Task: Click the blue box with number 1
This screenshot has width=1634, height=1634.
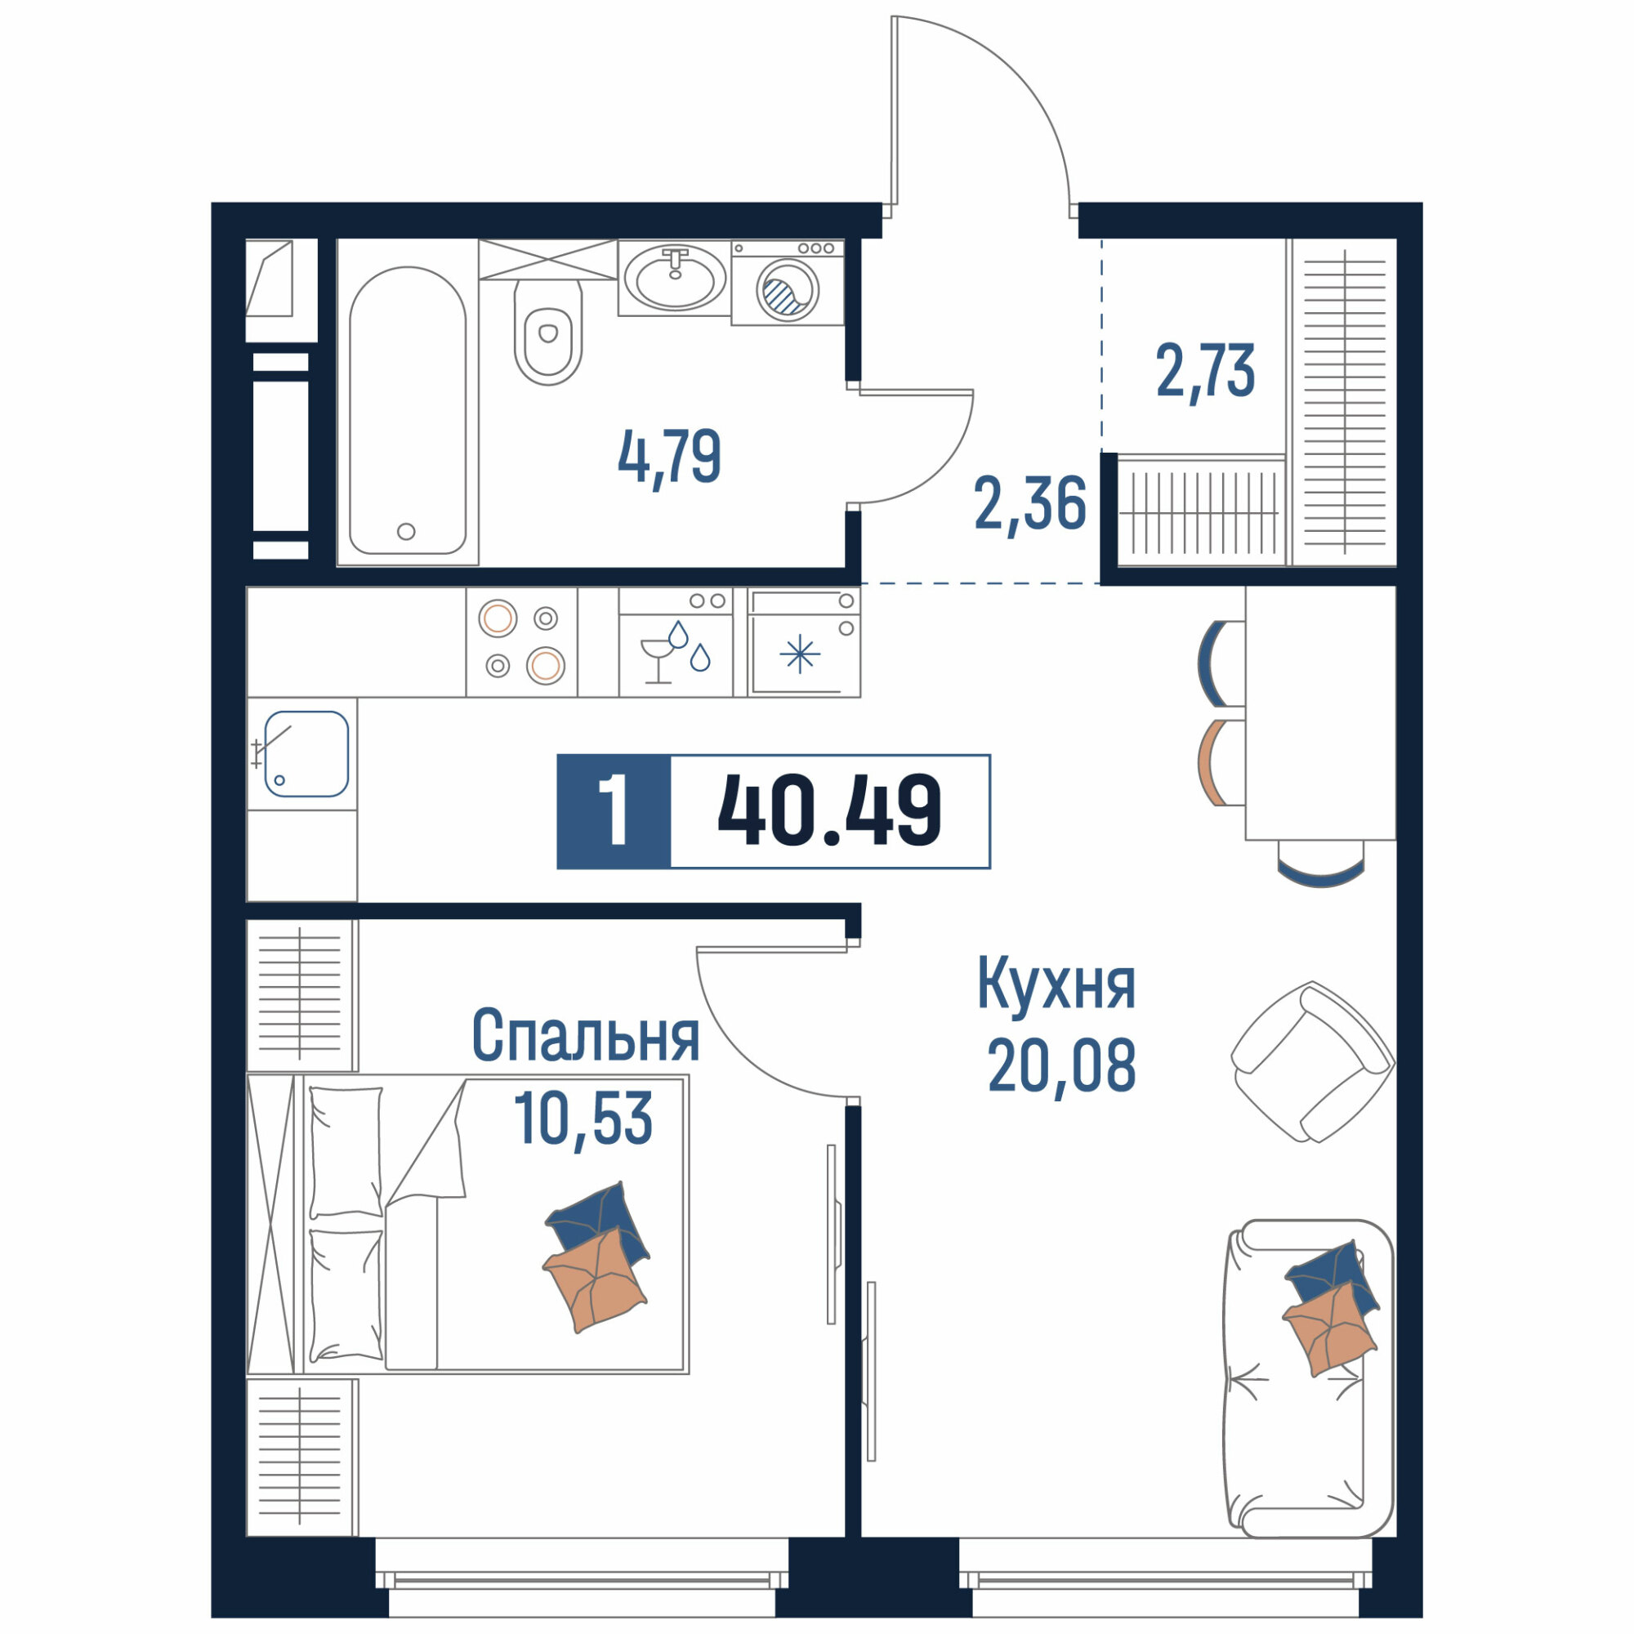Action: [614, 811]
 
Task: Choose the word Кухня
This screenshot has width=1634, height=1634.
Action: [1056, 983]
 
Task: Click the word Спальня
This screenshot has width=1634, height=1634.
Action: [585, 1035]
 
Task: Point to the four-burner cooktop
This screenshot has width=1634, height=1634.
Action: [522, 642]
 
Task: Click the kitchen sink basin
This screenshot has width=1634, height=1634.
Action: [306, 753]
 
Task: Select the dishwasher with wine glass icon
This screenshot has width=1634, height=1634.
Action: [676, 642]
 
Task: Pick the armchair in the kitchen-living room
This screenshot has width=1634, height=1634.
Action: [1312, 1062]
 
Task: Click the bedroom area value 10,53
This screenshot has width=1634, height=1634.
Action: [583, 1118]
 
